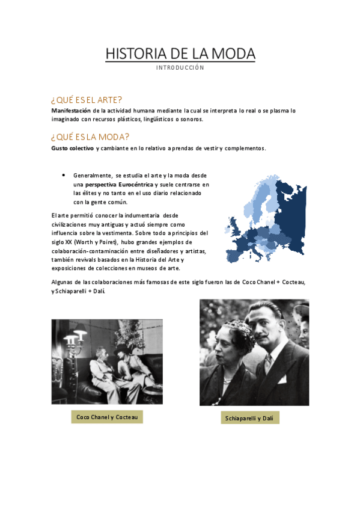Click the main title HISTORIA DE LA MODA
tap(180, 54)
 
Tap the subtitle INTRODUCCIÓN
tap(180, 68)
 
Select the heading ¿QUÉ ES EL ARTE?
tap(87, 100)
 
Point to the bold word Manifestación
tap(71, 111)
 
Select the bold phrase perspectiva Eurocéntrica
tap(119, 184)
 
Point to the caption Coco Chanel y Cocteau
tap(107, 417)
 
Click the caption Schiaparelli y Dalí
tap(252, 418)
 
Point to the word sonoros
tap(191, 119)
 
